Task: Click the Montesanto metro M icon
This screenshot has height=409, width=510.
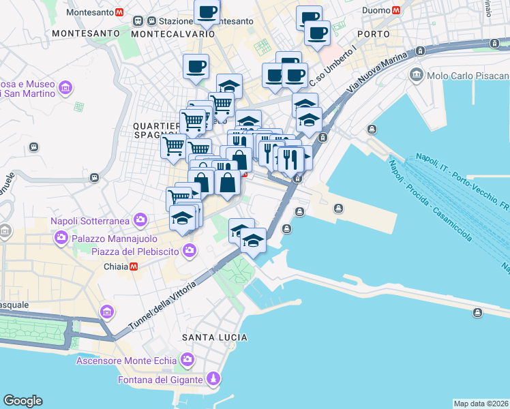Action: (119, 12)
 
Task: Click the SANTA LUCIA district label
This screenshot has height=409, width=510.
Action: (214, 337)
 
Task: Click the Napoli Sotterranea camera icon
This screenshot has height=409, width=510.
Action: (140, 220)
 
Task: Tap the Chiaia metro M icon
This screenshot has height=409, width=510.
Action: (134, 267)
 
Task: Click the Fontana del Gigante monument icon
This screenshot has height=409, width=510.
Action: (213, 379)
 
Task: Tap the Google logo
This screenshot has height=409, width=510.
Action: (22, 401)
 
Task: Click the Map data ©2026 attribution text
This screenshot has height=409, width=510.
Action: (481, 404)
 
